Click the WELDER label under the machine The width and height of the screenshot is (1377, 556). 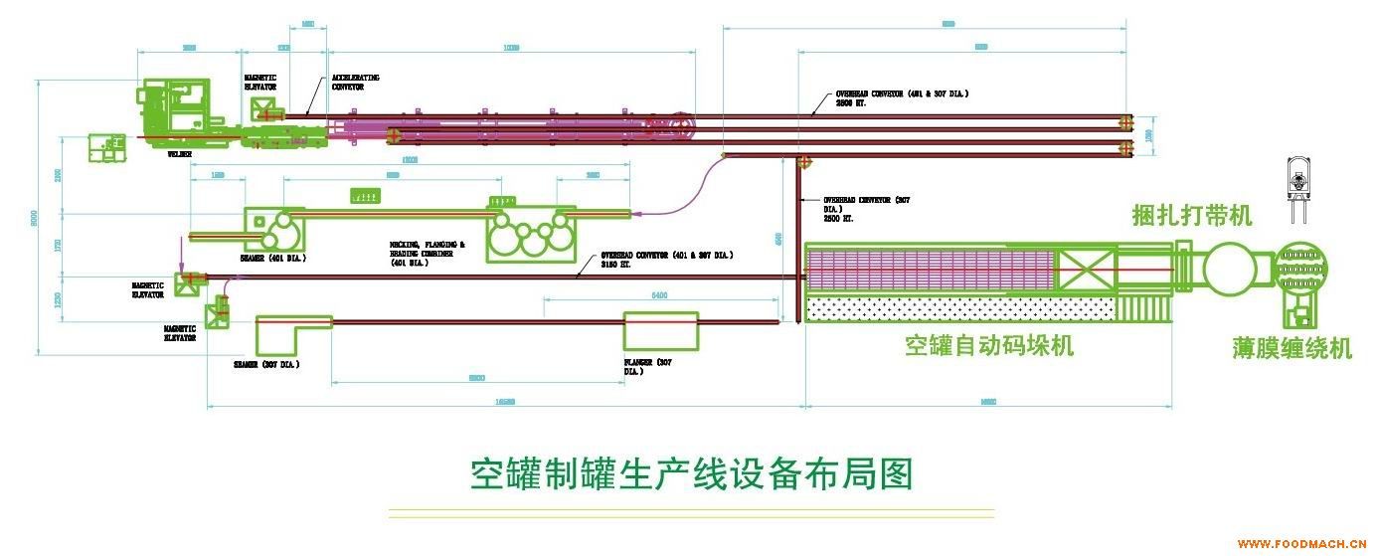(179, 154)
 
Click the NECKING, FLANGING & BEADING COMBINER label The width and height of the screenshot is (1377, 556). (427, 254)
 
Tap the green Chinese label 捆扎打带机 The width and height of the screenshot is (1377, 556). (1192, 215)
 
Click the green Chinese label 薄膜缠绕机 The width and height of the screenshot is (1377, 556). (1291, 348)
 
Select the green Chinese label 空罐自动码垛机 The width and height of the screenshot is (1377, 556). (988, 345)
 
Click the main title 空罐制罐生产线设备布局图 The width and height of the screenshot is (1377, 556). (691, 474)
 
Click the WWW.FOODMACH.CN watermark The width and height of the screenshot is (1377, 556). (1303, 544)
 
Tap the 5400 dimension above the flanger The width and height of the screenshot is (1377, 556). (659, 295)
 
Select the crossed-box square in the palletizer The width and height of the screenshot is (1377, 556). (1084, 269)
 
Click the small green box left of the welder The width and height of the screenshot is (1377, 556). (107, 147)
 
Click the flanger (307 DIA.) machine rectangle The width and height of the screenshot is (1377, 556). (661, 331)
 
